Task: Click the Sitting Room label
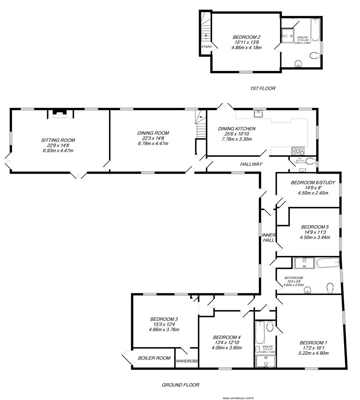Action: point(58,140)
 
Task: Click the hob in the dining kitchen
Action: point(299,150)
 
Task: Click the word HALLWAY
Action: point(251,164)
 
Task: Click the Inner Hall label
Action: point(268,237)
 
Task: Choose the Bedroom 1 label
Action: point(313,343)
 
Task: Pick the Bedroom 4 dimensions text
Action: point(227,348)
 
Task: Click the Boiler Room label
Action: point(154,358)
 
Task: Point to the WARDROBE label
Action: point(187,361)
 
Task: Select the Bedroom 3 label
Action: point(164,319)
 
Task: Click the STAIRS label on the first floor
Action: point(207,47)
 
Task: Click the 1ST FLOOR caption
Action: point(262,89)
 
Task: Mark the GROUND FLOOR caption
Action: point(181,385)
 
